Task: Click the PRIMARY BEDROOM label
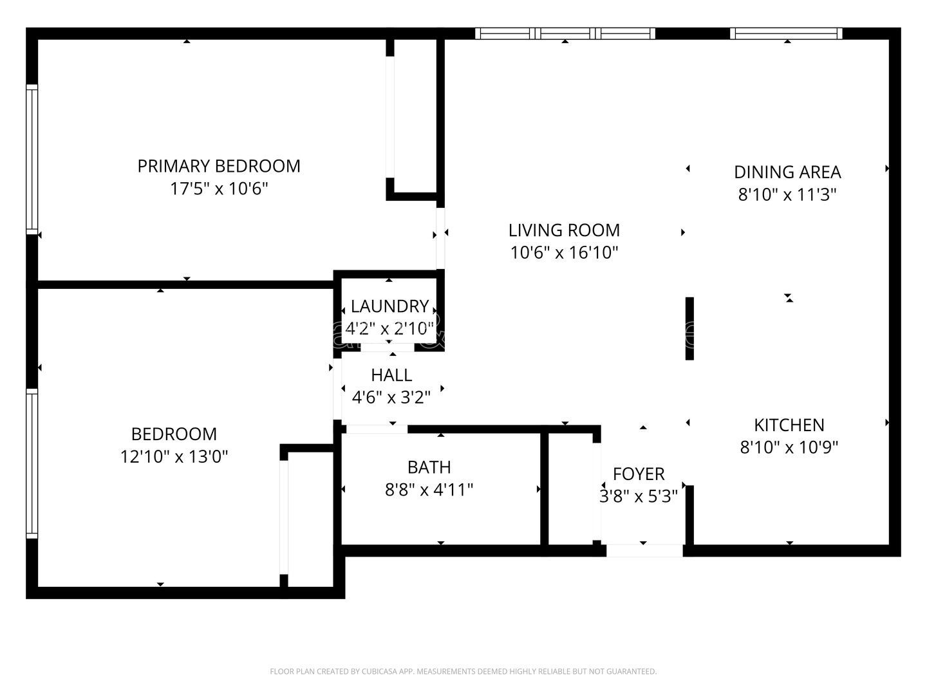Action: pos(219,166)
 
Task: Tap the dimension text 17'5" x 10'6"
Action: pos(219,189)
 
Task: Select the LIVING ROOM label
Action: pos(564,230)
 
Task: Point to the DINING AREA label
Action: pos(787,172)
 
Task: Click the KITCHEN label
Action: pos(789,425)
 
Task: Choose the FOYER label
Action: pos(639,474)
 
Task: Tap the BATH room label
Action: pos(429,467)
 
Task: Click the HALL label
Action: pos(391,375)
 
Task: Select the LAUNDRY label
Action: pos(389,306)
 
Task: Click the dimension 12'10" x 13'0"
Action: pos(174,457)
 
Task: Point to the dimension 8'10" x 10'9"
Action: pos(789,447)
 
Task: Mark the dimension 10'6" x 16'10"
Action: pos(564,253)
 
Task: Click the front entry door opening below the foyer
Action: pos(644,551)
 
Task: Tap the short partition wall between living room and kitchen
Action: pos(689,328)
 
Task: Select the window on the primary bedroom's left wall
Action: pos(32,158)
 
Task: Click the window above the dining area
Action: pos(786,33)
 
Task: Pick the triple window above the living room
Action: pos(565,33)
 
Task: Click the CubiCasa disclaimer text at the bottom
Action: pos(463,672)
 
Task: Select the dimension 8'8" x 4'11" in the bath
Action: pos(429,490)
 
